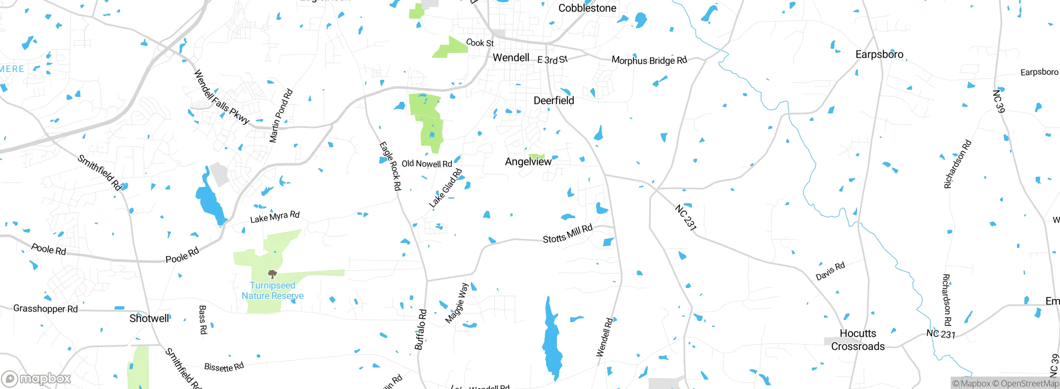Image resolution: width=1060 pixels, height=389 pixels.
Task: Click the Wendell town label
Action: pyautogui.click(x=511, y=58)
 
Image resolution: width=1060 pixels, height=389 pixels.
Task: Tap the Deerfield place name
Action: pyautogui.click(x=554, y=101)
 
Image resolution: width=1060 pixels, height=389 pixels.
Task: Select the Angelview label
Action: pyautogui.click(x=528, y=162)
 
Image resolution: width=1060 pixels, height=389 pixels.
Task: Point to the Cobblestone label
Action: pyautogui.click(x=587, y=8)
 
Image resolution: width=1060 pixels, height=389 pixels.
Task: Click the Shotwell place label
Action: pyautogui.click(x=149, y=318)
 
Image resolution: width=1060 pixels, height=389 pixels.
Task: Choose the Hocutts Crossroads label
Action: pyautogui.click(x=858, y=340)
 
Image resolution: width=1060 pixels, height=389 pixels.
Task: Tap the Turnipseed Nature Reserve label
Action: pyautogui.click(x=272, y=291)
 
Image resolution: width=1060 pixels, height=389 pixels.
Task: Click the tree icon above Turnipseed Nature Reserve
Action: pyautogui.click(x=272, y=274)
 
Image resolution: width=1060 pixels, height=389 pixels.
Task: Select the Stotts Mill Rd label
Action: pyautogui.click(x=567, y=234)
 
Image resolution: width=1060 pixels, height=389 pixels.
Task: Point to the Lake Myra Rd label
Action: pyautogui.click(x=275, y=217)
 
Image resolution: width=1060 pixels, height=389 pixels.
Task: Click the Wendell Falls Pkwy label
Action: pyautogui.click(x=222, y=97)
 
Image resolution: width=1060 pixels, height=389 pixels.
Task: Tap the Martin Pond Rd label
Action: pyautogui.click(x=281, y=116)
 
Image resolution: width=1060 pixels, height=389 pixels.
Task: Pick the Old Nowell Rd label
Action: pyautogui.click(x=426, y=164)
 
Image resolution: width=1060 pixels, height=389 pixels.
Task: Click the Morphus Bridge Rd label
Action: pyautogui.click(x=649, y=60)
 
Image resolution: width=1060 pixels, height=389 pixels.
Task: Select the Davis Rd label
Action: pyautogui.click(x=830, y=271)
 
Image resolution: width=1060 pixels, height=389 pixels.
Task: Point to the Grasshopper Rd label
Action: pyautogui.click(x=46, y=309)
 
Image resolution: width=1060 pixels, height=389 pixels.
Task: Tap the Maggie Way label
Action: pyautogui.click(x=457, y=303)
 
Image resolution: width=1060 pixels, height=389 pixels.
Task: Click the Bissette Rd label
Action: pyautogui.click(x=224, y=367)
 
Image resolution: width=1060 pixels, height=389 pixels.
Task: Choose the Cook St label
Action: pyautogui.click(x=480, y=43)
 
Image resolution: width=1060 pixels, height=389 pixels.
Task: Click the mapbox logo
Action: pyautogui.click(x=36, y=378)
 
